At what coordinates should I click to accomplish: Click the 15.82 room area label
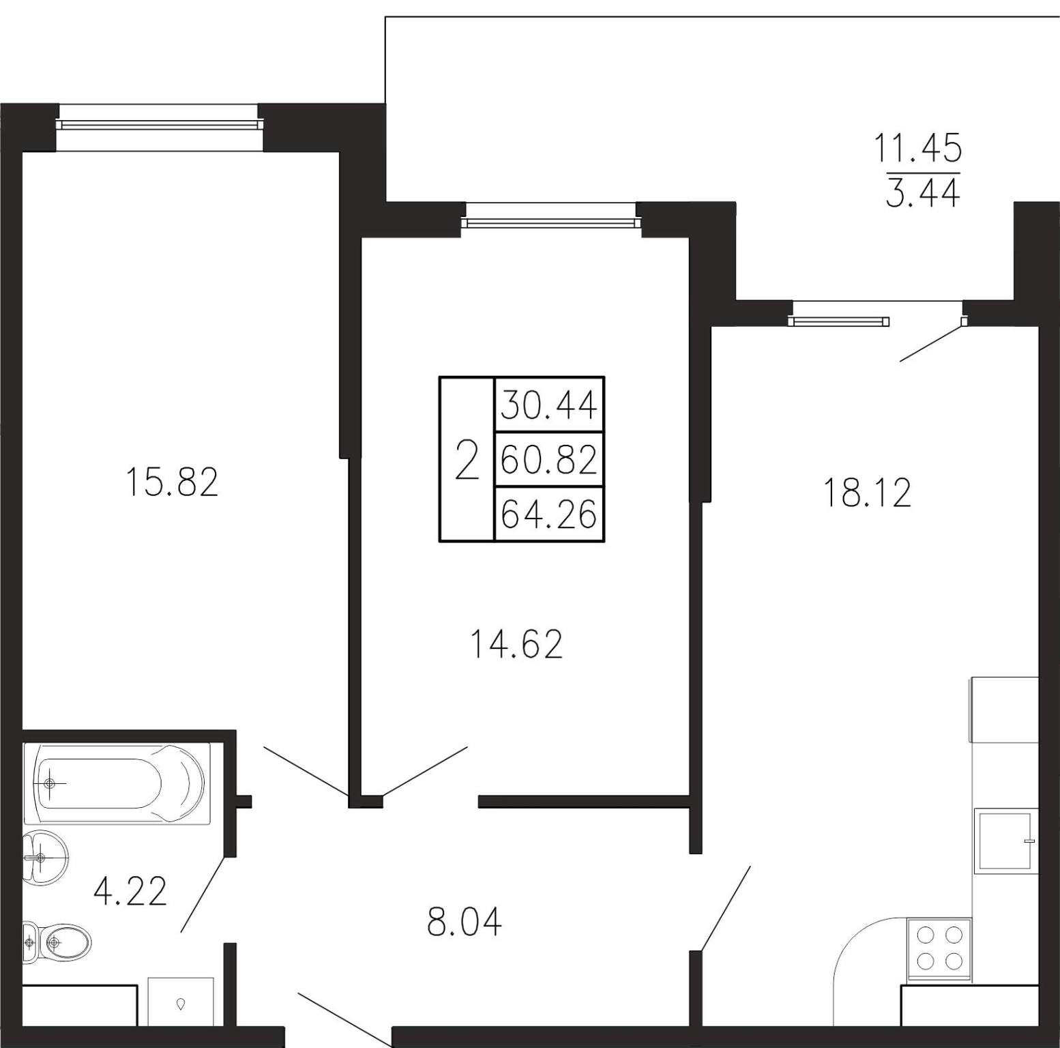(172, 482)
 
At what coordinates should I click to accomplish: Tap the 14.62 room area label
(516, 644)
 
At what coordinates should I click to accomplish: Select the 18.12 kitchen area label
(867, 493)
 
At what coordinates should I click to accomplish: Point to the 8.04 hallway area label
(465, 922)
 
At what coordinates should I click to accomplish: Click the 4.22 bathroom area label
(130, 891)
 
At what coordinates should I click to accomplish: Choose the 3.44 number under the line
(922, 193)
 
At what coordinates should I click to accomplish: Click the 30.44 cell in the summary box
(549, 405)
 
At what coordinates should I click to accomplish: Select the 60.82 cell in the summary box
(549, 459)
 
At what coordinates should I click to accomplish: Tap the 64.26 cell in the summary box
(549, 514)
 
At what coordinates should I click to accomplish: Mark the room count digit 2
(467, 460)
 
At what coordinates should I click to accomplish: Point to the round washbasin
(45, 856)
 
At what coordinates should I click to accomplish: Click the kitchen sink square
(1006, 841)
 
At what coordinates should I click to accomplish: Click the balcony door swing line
(931, 343)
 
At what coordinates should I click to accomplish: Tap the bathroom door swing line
(203, 894)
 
